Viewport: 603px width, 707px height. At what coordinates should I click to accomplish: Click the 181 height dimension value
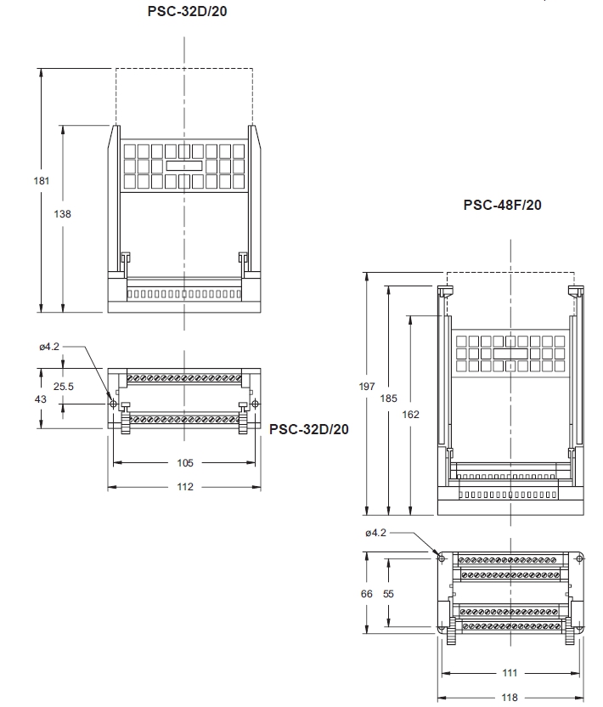[x=41, y=181]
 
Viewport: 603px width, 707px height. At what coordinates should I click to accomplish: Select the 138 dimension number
[x=62, y=214]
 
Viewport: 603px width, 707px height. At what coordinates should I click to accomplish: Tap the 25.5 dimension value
[x=63, y=387]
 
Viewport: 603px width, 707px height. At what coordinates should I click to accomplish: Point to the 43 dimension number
[x=41, y=399]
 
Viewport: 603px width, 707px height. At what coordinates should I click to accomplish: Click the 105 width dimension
[x=185, y=462]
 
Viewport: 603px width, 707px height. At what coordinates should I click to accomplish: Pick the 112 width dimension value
[x=185, y=487]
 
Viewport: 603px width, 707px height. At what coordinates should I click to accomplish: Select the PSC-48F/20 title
[x=502, y=205]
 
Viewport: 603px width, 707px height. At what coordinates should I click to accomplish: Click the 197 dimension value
[x=367, y=387]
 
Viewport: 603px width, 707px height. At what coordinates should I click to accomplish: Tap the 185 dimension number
[x=388, y=399]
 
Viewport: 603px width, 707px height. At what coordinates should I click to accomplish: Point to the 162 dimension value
[x=410, y=415]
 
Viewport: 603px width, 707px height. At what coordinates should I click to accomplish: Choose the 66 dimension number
[x=367, y=594]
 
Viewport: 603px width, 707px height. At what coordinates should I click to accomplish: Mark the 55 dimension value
[x=388, y=594]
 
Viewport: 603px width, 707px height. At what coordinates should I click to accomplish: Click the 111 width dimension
[x=510, y=673]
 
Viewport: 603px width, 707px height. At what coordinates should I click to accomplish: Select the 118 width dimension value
[x=510, y=697]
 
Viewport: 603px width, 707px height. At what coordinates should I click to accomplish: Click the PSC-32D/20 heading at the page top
[x=187, y=11]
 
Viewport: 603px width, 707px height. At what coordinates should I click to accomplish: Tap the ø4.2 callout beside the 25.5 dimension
[x=49, y=347]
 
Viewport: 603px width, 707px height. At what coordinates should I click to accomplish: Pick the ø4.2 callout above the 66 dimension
[x=376, y=533]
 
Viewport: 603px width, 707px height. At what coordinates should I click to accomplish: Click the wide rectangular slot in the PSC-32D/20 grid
[x=184, y=166]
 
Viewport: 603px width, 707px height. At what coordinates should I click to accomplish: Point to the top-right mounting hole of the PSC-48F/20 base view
[x=579, y=558]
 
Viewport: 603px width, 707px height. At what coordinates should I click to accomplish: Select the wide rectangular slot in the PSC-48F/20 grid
[x=510, y=353]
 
